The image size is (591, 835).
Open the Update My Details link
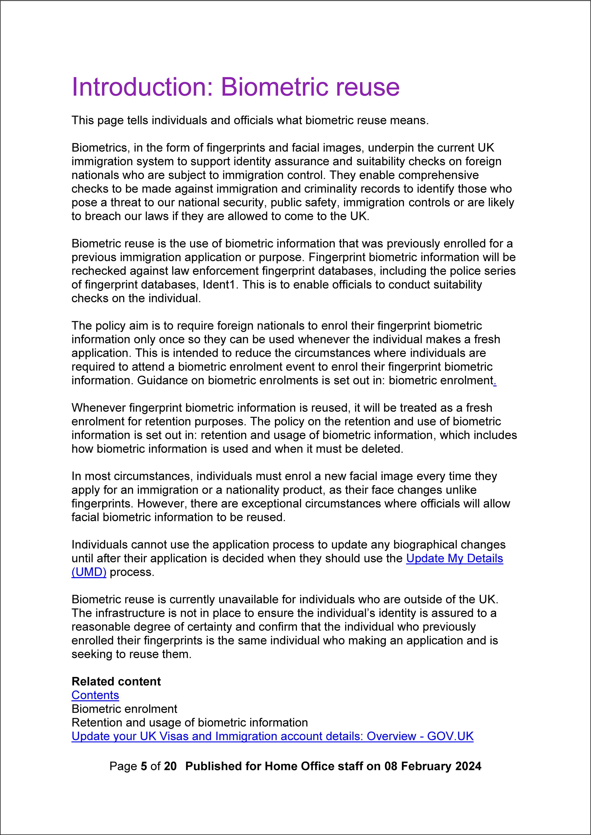click(454, 558)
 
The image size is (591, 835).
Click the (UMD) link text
click(89, 572)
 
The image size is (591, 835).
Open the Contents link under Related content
click(95, 695)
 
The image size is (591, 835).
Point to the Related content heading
click(116, 681)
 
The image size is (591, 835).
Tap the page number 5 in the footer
click(144, 766)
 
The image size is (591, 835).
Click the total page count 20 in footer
click(170, 766)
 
